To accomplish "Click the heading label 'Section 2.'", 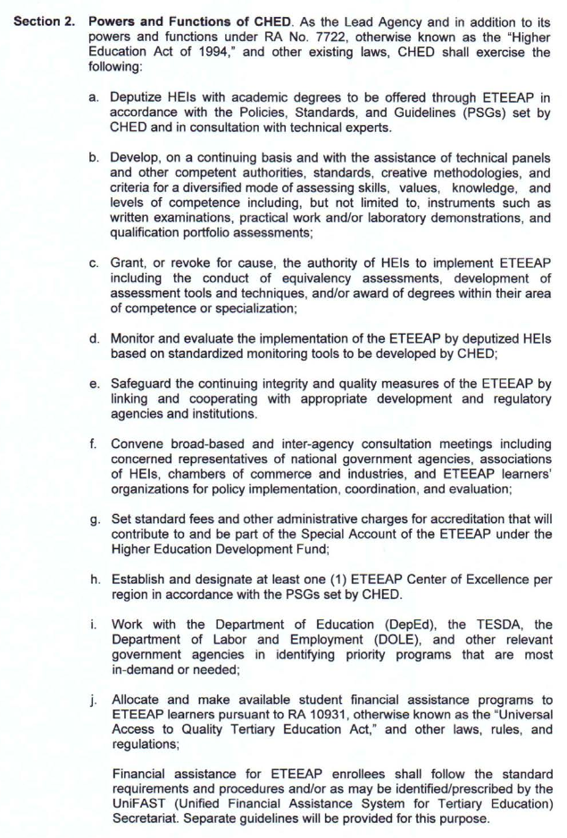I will coord(44,20).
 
